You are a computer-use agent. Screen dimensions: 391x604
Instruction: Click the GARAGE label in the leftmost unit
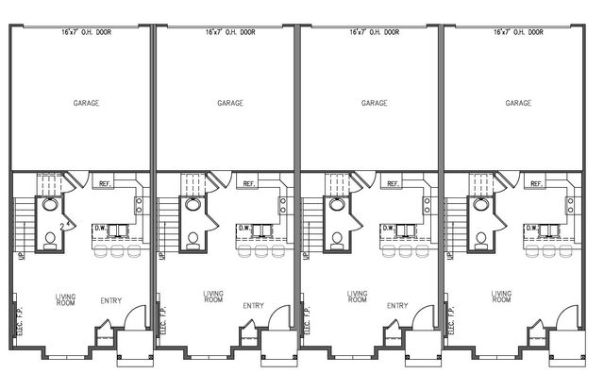(86, 103)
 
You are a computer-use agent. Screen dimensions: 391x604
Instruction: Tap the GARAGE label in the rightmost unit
(518, 103)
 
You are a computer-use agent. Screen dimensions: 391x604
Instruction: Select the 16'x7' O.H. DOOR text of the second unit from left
(230, 32)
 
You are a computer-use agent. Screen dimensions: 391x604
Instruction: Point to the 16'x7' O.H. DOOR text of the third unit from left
(375, 32)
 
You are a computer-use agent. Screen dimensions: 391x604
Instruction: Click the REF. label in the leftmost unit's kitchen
(105, 184)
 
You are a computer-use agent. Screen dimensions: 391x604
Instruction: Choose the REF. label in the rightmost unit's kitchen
(537, 184)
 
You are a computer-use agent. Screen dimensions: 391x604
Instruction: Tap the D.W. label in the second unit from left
(243, 228)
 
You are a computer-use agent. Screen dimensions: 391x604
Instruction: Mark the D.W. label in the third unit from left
(388, 228)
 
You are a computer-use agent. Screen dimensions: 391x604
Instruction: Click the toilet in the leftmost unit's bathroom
(50, 238)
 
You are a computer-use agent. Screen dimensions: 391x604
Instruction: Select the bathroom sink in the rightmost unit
(482, 203)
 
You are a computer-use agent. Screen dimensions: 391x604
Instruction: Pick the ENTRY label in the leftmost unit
(110, 301)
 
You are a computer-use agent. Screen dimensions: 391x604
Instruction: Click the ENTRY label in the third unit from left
(397, 305)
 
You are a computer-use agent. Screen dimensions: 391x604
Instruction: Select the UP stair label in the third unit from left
(308, 256)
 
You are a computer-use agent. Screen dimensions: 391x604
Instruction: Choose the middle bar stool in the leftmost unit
(116, 250)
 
